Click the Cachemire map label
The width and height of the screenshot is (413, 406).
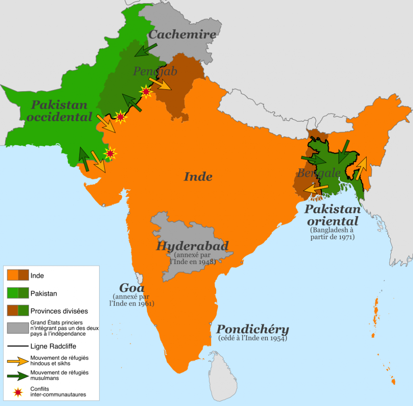[x=182, y=34]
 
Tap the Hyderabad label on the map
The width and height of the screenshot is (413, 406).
[x=192, y=246]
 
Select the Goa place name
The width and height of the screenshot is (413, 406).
[x=132, y=288]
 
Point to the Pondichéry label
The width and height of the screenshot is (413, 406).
[x=253, y=329]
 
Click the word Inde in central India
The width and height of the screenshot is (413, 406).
[x=198, y=176]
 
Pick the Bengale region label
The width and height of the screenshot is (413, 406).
[x=319, y=173]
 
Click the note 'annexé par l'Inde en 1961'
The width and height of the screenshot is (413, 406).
[x=132, y=300]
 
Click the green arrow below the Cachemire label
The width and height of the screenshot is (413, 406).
[x=146, y=50]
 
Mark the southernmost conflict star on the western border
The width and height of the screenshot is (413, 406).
[x=110, y=154]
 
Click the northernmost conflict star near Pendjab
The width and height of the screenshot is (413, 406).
[x=146, y=92]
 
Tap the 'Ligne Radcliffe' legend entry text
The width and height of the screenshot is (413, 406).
[x=53, y=346]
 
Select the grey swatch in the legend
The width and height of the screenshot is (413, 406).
[x=18, y=328]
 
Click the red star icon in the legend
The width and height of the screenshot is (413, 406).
[x=18, y=391]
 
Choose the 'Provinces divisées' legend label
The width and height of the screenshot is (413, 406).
[x=59, y=311]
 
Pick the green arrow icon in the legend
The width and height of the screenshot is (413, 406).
[x=18, y=376]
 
